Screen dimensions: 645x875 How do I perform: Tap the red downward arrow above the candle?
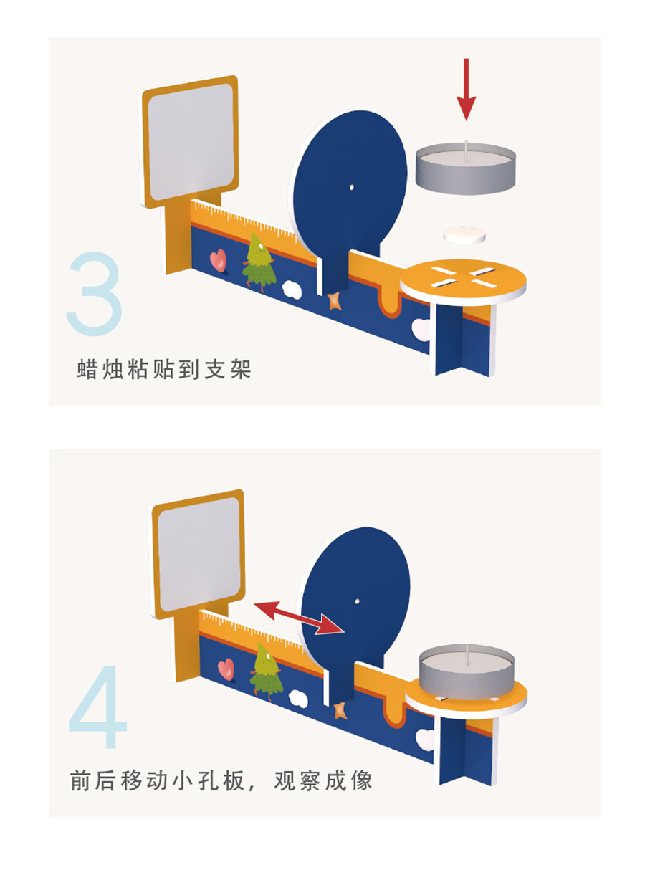coord(466,90)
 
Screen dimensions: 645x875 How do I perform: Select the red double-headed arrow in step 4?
coord(299,618)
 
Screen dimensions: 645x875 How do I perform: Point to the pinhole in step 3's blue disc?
coord(352,187)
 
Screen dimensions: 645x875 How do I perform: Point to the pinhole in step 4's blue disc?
coord(357,601)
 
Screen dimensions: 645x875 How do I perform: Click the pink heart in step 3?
coord(219,260)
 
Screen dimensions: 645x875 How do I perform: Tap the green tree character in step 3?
coord(259,262)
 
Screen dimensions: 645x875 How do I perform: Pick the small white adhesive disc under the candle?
coord(464,235)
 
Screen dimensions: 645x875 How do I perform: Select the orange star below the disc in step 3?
coord(335,301)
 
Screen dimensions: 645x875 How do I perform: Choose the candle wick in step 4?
coord(467,656)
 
